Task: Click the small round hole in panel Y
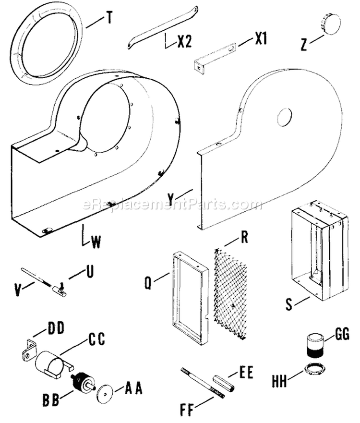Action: [x=284, y=115]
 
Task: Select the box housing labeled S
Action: [x=318, y=250]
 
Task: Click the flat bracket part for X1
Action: [x=216, y=56]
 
